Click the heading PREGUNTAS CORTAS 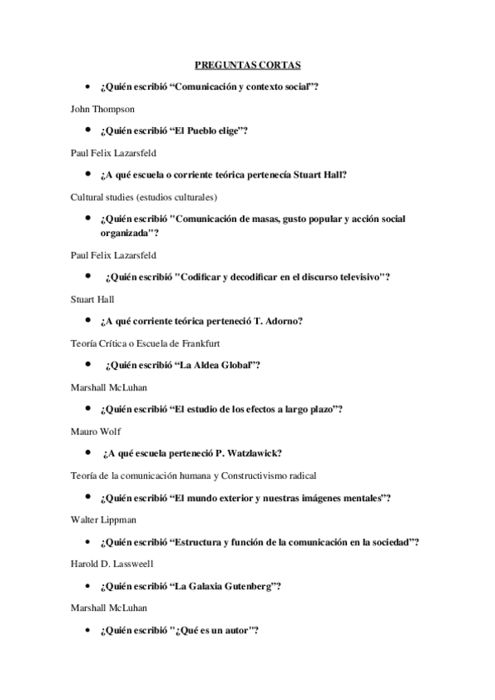[247, 64]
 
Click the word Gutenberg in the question [244, 586]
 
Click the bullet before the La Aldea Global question [87, 364]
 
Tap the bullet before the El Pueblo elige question [87, 130]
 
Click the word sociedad [387, 542]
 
